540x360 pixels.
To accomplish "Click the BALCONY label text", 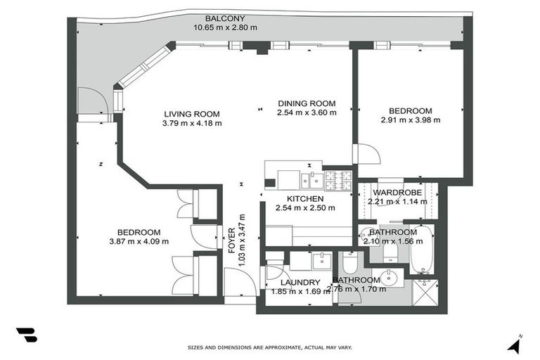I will coord(225,18).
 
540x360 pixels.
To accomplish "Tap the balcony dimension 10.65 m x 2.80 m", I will coord(225,27).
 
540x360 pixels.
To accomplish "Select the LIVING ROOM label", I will coord(192,114).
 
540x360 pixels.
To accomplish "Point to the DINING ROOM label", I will coord(306,103).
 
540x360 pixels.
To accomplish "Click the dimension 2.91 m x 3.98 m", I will coord(410,120).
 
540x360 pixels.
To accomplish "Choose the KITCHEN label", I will coord(306,199).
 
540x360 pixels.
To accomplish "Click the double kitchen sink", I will coord(314,181).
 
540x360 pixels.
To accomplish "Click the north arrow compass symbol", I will coord(517,344).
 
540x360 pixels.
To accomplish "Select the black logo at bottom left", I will coord(26,335).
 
